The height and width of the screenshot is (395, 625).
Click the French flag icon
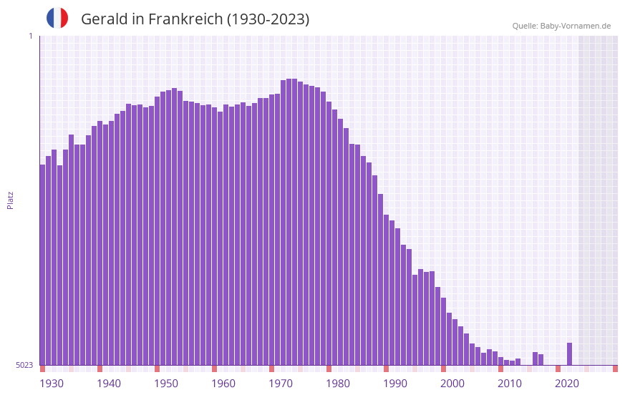[x=57, y=18]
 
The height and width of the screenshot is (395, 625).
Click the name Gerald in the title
[x=103, y=19]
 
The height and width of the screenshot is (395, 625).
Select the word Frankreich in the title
[x=185, y=19]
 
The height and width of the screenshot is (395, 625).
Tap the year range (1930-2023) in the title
[x=268, y=19]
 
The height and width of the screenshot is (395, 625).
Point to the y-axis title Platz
[x=10, y=200]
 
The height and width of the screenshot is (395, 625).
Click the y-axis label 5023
[x=24, y=365]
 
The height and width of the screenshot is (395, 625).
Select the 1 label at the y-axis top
[x=30, y=36]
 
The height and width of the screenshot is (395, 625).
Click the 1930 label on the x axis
[x=52, y=383]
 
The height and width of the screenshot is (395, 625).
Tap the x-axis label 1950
[x=166, y=383]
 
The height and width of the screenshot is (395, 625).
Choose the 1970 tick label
[x=281, y=383]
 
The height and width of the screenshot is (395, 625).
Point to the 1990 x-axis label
[x=395, y=383]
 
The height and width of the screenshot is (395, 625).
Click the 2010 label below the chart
[x=510, y=383]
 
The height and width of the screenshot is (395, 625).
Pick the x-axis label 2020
[x=567, y=383]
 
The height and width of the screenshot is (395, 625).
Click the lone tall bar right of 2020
[x=570, y=353]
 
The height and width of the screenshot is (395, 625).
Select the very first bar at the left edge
[x=42, y=265]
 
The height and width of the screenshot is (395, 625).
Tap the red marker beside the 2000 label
[x=443, y=369]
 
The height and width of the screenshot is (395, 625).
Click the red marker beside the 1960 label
[x=214, y=369]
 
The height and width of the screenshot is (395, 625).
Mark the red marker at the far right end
[x=615, y=369]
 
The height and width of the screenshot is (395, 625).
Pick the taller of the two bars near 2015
[x=536, y=359]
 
